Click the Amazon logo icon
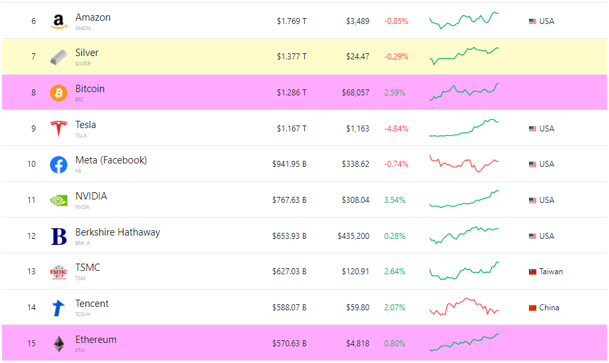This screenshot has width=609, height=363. (59, 21)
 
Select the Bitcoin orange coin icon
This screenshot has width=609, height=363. (59, 93)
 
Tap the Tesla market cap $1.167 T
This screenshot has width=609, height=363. (291, 129)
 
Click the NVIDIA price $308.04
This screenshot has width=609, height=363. (355, 200)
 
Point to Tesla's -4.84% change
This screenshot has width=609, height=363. (396, 129)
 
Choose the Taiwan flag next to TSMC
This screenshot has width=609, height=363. (532, 272)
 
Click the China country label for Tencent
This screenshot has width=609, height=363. (549, 308)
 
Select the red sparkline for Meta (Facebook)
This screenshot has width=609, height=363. (464, 163)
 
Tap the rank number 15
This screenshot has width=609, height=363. (31, 344)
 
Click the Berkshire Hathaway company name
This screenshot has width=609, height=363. (117, 232)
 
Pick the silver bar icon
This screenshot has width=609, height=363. (59, 57)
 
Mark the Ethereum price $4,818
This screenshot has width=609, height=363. (357, 344)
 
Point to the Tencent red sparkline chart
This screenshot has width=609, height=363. (464, 307)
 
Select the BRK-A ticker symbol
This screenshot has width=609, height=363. (83, 243)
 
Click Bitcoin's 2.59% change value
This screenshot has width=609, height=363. (394, 93)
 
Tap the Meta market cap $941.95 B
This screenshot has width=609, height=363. (289, 164)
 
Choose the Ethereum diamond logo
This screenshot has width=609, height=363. (59, 344)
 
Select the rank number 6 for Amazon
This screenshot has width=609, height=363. (33, 21)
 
